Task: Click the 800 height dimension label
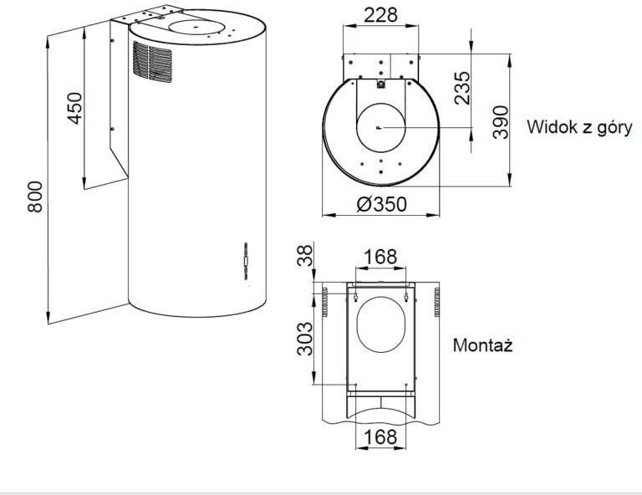(35, 196)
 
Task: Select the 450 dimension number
(75, 108)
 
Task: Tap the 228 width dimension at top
(381, 15)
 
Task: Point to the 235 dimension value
(462, 88)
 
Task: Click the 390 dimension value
(501, 122)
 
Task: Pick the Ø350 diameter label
(381, 204)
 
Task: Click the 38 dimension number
(304, 256)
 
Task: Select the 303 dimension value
(304, 339)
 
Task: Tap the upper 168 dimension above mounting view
(380, 257)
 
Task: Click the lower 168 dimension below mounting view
(380, 436)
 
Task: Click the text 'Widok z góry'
(579, 128)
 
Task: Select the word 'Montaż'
(482, 345)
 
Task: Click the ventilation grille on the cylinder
(152, 62)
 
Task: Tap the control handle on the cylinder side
(246, 261)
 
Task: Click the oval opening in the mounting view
(381, 324)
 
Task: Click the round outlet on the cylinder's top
(197, 28)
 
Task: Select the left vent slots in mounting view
(325, 302)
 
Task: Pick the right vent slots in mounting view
(437, 302)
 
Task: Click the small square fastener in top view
(381, 84)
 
